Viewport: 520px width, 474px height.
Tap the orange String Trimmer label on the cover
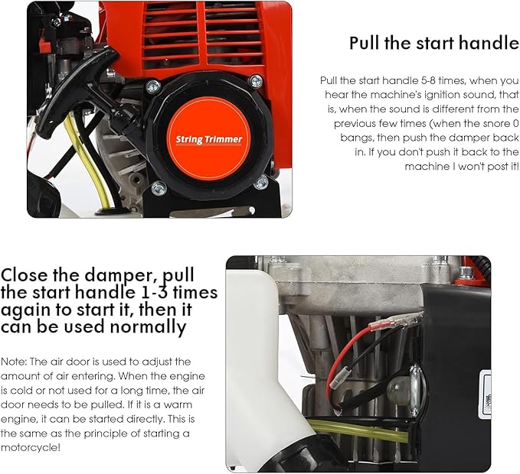(208, 139)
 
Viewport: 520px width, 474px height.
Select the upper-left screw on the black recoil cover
(153, 86)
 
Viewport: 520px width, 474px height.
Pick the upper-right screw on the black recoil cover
(256, 81)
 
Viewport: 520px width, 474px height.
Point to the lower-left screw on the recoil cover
(159, 187)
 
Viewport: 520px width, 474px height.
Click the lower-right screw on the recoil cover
(261, 181)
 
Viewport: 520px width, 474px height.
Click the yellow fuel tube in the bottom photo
(360, 429)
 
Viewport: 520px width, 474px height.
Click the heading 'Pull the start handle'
(433, 43)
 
